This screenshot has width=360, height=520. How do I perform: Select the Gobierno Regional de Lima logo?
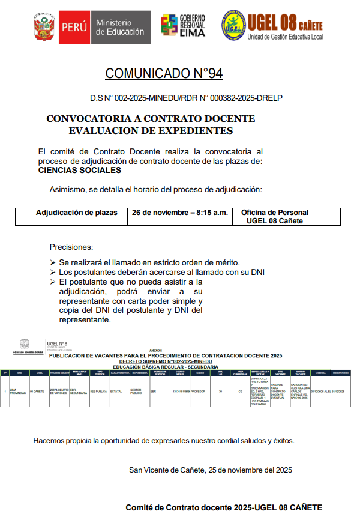click(x=183, y=25)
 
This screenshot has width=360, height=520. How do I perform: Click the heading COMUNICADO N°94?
click(x=164, y=74)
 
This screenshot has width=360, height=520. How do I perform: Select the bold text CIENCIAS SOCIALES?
click(x=79, y=170)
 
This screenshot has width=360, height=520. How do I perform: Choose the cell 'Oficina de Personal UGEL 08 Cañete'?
click(x=274, y=216)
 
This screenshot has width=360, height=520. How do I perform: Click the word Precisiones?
click(x=71, y=247)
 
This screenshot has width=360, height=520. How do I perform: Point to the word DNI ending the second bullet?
click(x=257, y=272)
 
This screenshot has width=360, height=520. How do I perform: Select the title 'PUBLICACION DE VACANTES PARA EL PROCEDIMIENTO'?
click(x=166, y=356)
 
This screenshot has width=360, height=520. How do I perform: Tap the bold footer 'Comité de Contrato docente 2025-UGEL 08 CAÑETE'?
click(x=224, y=507)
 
